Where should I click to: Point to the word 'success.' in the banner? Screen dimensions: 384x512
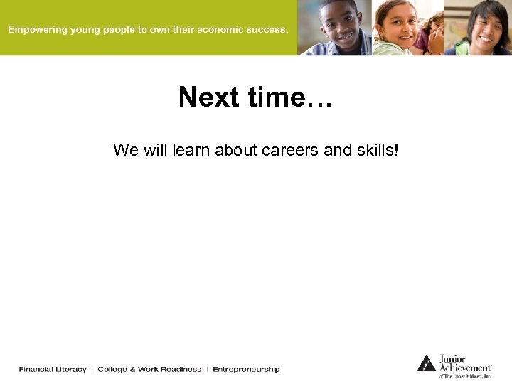pos(267,30)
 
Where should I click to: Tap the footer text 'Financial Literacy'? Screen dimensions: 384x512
pos(53,369)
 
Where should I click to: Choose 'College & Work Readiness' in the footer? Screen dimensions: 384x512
pos(149,369)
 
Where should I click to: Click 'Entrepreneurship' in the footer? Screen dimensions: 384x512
pos(246,369)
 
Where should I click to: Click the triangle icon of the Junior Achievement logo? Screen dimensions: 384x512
pos(426,363)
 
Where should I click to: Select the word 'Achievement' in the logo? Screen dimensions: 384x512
pos(464,368)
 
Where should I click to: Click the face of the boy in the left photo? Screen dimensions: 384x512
pos(341,21)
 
